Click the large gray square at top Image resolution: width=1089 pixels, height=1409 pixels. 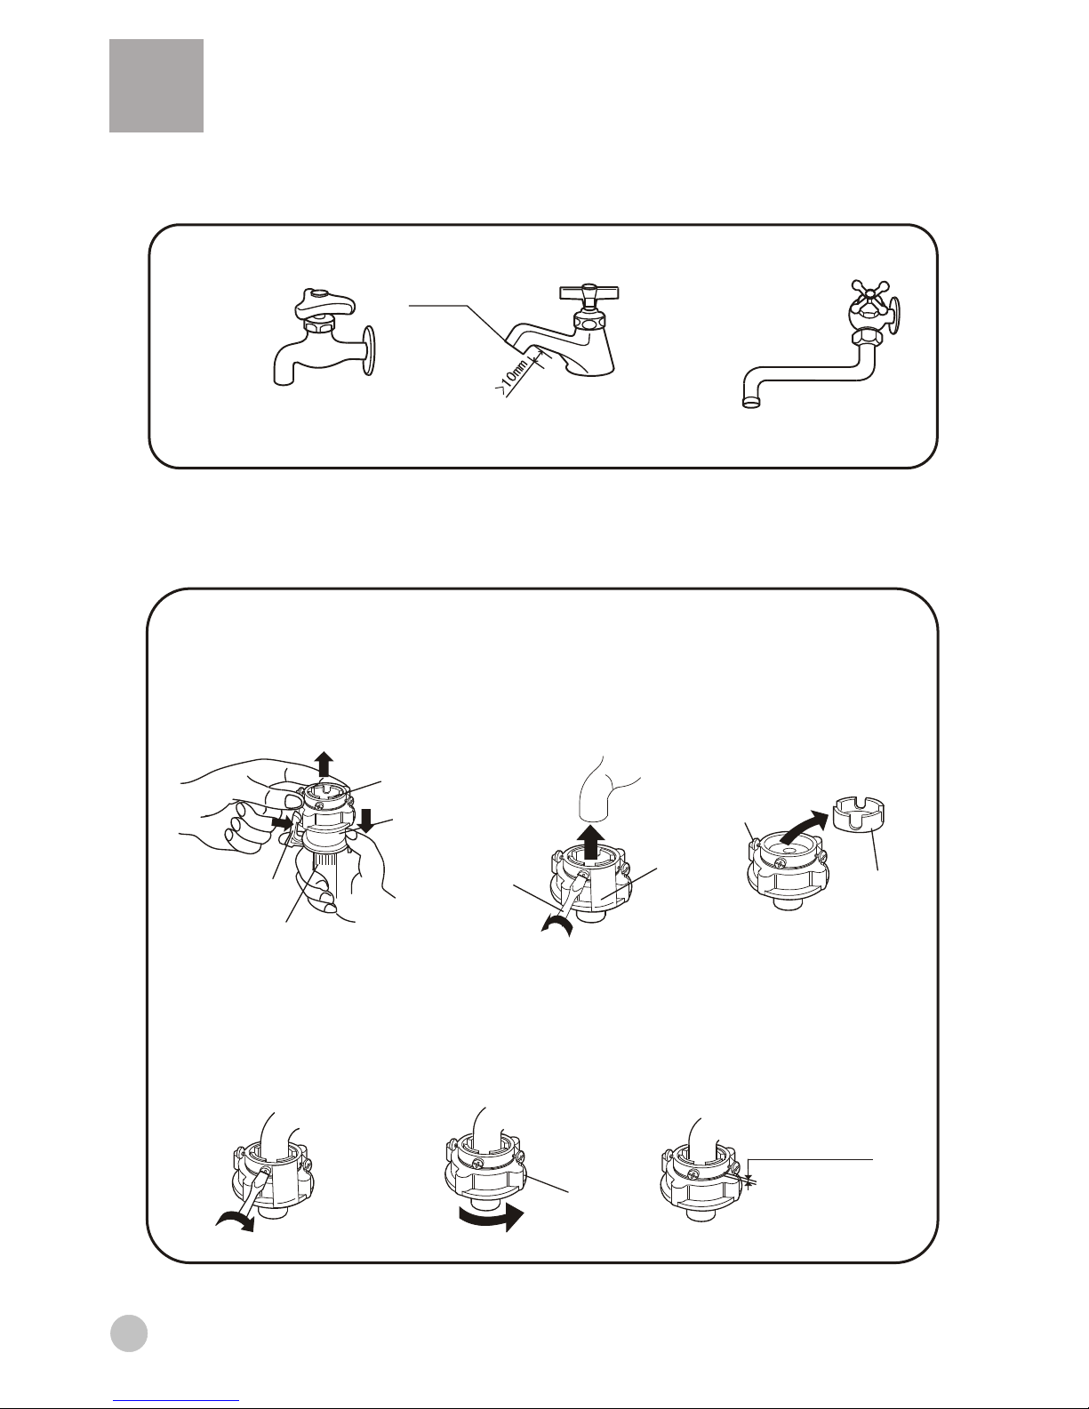pyautogui.click(x=156, y=85)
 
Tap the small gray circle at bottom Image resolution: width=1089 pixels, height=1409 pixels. pyautogui.click(x=129, y=1333)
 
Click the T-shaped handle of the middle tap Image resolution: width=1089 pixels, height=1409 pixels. pyautogui.click(x=589, y=293)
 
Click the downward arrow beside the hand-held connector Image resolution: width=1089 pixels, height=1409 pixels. pyautogui.click(x=366, y=820)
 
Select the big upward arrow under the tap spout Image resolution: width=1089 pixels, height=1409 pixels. pyautogui.click(x=591, y=842)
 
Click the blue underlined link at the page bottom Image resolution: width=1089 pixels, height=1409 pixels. pyautogui.click(x=176, y=1400)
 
